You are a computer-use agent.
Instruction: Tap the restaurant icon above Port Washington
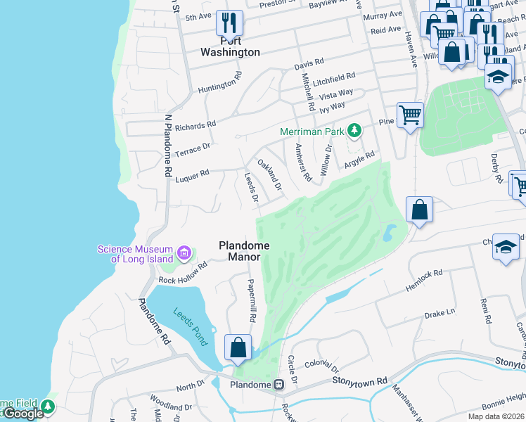coord(229,23)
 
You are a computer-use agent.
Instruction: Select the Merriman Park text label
coord(312,132)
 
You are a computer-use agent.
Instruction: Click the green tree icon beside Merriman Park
coord(356,131)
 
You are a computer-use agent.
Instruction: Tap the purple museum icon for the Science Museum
coord(185,252)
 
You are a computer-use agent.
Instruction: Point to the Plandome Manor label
coord(244,251)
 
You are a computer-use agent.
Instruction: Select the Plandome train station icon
coord(279,385)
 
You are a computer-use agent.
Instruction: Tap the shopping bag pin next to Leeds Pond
coord(238,347)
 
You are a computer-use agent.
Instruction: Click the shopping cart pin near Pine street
coord(410,114)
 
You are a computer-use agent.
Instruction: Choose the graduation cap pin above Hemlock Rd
coord(506,247)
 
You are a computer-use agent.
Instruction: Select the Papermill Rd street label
coord(251,300)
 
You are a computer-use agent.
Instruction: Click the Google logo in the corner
coord(23,414)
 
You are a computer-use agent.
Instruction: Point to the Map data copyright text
coord(495,416)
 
